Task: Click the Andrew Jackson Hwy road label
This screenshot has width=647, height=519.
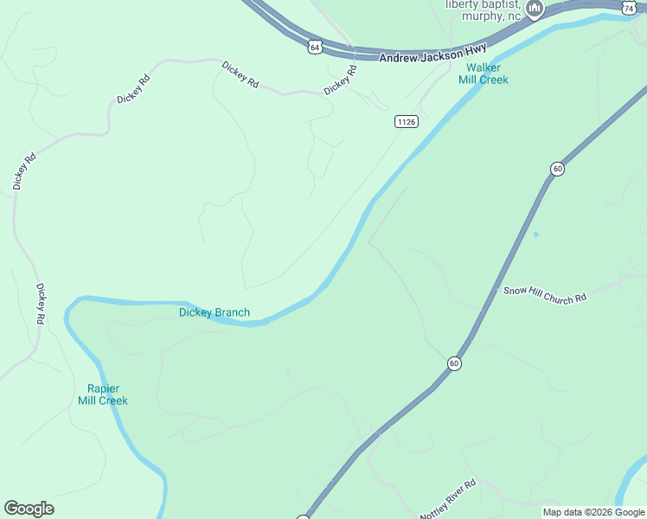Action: click(x=433, y=53)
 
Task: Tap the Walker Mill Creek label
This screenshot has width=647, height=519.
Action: click(x=483, y=74)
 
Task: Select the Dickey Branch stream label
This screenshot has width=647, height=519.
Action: click(x=215, y=312)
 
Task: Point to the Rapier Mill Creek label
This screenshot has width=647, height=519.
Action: click(x=103, y=394)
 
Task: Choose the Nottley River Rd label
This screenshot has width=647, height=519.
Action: click(x=448, y=500)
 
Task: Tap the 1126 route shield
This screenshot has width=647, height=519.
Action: click(x=407, y=122)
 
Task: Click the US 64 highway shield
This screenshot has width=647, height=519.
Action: click(x=314, y=46)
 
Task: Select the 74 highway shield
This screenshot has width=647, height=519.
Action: click(x=629, y=6)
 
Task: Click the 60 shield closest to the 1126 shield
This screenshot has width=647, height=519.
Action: click(x=557, y=169)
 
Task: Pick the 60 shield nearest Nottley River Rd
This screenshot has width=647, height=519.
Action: click(x=454, y=363)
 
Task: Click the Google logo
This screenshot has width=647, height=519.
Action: click(x=29, y=509)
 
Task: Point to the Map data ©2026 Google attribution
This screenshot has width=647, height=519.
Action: click(x=593, y=513)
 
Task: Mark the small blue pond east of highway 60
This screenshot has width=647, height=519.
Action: click(x=536, y=234)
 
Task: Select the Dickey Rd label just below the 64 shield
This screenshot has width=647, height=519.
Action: click(x=340, y=81)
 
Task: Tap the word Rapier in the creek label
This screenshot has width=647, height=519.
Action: click(x=103, y=388)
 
